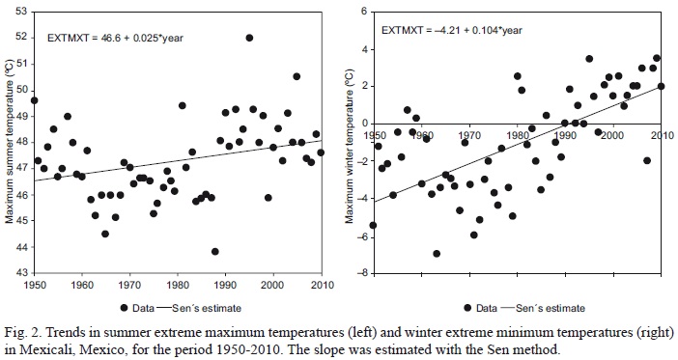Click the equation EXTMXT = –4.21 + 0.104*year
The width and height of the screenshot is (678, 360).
[x=452, y=30]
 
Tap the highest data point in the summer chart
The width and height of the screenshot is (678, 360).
[x=249, y=38]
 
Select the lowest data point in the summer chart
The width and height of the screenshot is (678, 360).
[x=214, y=251]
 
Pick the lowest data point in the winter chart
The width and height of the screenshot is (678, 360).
[x=437, y=254]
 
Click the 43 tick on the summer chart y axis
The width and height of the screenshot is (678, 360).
[x=22, y=274]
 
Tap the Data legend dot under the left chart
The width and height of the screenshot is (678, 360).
[x=125, y=307]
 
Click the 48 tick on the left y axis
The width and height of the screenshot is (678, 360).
[x=22, y=143]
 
